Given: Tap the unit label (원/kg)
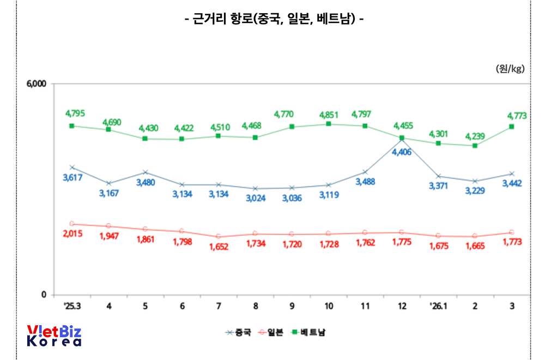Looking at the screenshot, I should tap(510, 69).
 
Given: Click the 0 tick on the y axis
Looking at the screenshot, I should tap(45, 295).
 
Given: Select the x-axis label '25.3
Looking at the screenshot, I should tap(72, 307).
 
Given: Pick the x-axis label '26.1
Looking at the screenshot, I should tap(438, 307).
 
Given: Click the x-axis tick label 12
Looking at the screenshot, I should tap(402, 307).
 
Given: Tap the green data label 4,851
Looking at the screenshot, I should tap(329, 115).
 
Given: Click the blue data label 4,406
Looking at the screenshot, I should tap(402, 152).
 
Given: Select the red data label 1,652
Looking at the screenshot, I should tap(219, 247).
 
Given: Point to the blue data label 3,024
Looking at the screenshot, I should tap(255, 198).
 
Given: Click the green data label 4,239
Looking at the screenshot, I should tap(475, 136).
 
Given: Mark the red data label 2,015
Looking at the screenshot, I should tap(72, 234).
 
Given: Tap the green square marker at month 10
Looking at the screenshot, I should tap(329, 124).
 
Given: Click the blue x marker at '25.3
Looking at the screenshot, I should tap(72, 167).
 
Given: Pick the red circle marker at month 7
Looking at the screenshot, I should tap(219, 237).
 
